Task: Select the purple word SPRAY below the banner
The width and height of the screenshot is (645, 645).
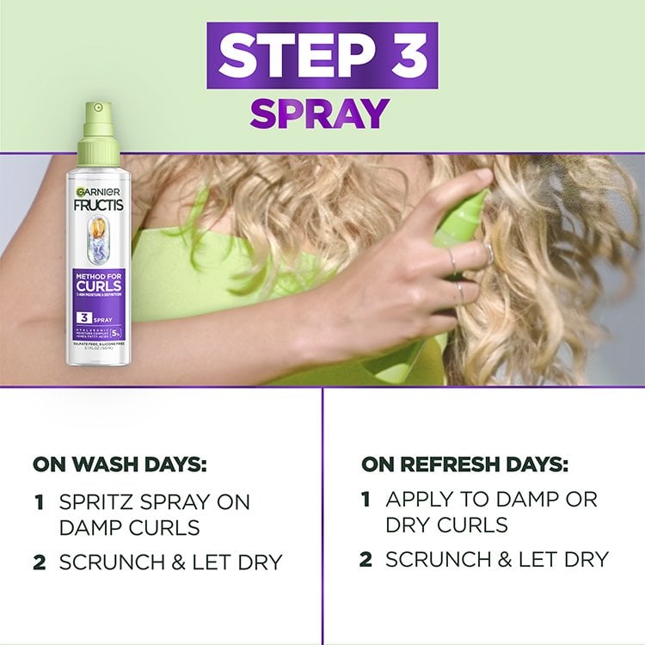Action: pos(320,114)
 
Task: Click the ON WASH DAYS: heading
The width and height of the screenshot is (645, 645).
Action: pos(120,465)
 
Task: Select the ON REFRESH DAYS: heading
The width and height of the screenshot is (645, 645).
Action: pos(465,465)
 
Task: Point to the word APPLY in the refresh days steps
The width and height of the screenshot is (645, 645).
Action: pos(418,499)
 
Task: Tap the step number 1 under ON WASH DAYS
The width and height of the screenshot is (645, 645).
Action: pos(40,501)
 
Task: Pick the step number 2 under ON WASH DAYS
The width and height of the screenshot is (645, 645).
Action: pos(40,562)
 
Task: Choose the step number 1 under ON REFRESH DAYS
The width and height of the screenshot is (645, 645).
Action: pos(365,499)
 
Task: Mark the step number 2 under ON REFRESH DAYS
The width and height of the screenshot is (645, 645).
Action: pos(366,560)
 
